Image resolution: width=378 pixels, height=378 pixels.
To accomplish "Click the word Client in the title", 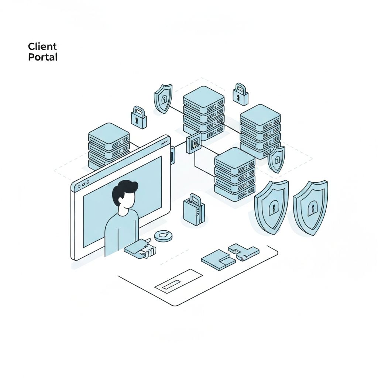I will [42, 47].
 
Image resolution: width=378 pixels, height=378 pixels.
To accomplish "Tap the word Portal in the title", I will [42, 57].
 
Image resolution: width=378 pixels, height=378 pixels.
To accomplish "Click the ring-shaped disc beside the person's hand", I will [163, 236].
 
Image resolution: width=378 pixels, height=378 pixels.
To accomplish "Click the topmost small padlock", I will [240, 94].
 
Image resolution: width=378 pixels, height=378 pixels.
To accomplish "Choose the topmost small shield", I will [163, 98].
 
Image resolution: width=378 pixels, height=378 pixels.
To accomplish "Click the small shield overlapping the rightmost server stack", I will [276, 159].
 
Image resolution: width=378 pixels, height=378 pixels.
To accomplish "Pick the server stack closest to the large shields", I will [235, 173].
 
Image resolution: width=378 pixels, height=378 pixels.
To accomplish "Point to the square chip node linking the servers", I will [194, 142].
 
